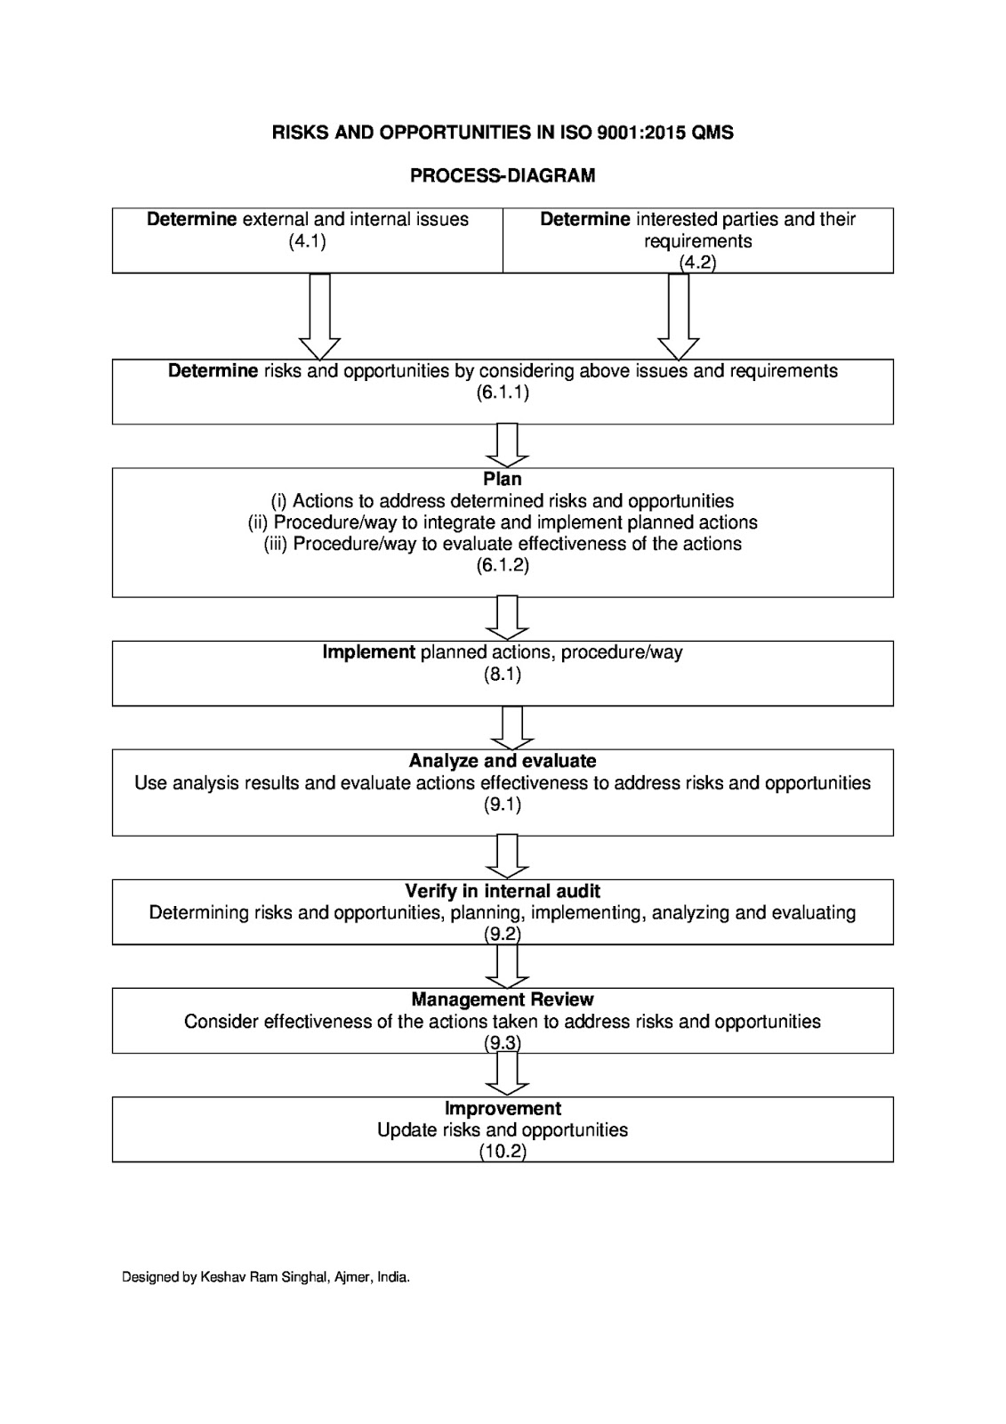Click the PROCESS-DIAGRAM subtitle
click(503, 176)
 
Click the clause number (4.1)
click(307, 241)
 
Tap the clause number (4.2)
click(697, 263)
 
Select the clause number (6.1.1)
click(503, 392)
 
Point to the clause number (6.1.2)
click(503, 565)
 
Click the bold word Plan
click(503, 479)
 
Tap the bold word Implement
click(368, 652)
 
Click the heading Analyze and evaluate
click(503, 761)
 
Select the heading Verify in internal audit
click(503, 891)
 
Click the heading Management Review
click(503, 999)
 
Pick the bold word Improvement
click(503, 1108)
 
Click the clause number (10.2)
click(503, 1152)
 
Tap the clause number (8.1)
click(503, 674)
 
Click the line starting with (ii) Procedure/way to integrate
click(503, 522)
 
